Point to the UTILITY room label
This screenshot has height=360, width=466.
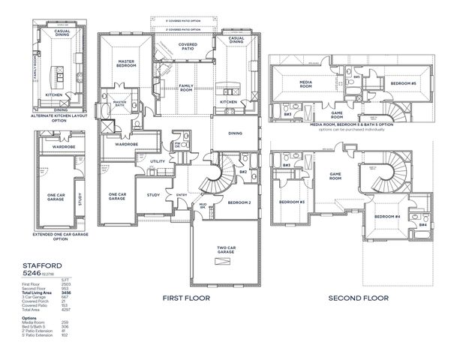pos(158,161)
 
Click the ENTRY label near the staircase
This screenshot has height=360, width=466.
pos(182,196)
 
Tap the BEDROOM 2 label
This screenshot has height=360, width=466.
pos(239,202)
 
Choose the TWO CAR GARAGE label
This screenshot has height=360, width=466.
pos(225,252)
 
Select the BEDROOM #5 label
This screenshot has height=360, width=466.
pos(404,83)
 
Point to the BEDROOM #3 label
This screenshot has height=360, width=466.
pos(291,202)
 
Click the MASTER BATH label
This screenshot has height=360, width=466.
pos(120,105)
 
